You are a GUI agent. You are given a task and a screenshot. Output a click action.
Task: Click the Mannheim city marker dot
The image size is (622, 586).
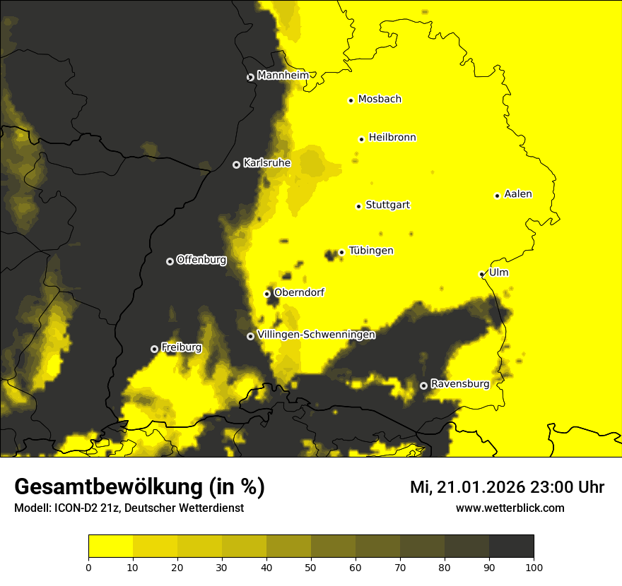(250, 78)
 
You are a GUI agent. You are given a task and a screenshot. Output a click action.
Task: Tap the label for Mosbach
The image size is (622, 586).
(380, 100)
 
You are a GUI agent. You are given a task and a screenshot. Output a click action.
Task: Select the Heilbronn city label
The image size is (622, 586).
(392, 138)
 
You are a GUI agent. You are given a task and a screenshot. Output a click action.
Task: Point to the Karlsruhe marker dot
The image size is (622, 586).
(236, 165)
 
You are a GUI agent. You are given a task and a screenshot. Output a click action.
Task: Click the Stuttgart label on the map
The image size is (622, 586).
(387, 205)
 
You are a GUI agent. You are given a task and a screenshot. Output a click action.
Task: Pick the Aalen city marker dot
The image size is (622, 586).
(497, 196)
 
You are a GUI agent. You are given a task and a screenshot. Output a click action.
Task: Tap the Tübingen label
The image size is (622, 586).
(371, 251)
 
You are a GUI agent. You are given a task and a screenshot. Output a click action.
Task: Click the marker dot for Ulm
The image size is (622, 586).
(481, 274)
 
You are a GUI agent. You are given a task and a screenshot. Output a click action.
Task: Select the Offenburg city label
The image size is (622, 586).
(201, 260)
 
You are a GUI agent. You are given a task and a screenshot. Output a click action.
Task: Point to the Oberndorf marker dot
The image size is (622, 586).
(267, 294)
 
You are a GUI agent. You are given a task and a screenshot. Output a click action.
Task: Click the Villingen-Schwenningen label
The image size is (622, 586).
(316, 335)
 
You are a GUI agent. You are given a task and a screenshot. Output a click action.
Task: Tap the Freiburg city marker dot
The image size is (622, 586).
(154, 349)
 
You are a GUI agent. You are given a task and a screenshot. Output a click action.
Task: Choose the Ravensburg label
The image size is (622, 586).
(460, 384)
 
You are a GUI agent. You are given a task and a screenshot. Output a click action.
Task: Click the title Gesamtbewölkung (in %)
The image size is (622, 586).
(139, 487)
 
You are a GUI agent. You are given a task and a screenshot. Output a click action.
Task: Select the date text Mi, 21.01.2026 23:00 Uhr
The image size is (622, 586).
(507, 487)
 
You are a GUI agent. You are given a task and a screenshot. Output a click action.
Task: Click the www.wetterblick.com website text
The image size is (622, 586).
(510, 508)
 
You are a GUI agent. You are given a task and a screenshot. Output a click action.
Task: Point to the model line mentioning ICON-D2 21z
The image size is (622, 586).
(129, 508)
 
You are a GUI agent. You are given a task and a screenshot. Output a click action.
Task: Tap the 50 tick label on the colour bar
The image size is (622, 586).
(311, 566)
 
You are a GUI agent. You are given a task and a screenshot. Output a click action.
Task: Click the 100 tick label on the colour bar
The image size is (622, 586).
(533, 566)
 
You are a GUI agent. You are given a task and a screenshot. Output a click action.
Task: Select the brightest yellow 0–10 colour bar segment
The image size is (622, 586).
(110, 546)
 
